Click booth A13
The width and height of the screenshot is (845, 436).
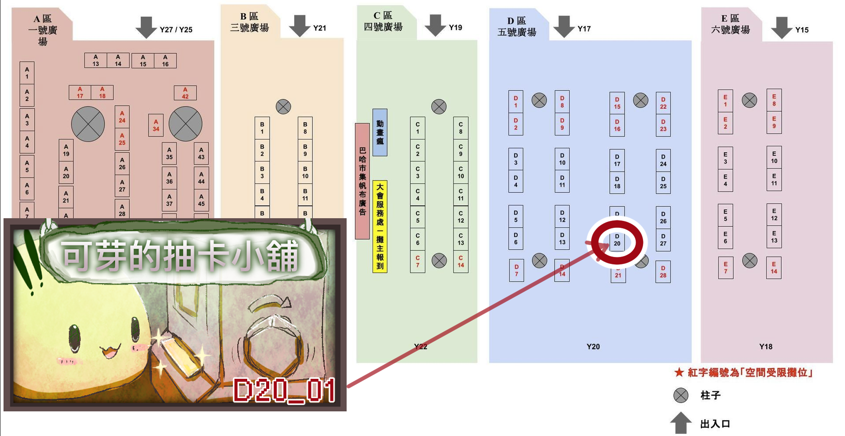[x=95, y=60]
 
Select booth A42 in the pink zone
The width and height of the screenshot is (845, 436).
[x=185, y=93]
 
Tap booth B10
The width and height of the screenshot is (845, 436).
[x=305, y=172]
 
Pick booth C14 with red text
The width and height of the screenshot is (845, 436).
[x=461, y=261]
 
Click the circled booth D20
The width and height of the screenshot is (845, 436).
[x=617, y=240]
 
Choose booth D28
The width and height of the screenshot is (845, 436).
[x=663, y=272]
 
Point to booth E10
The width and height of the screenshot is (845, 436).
[x=774, y=157]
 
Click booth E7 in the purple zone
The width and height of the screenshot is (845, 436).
[x=725, y=267]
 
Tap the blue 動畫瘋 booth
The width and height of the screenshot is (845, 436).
[x=380, y=132]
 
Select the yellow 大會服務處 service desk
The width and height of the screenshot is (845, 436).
[x=380, y=227]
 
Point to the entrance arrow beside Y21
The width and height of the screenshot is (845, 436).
[x=300, y=26]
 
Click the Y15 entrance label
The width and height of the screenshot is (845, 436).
[x=802, y=30]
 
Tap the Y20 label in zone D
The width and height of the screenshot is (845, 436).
[x=593, y=347]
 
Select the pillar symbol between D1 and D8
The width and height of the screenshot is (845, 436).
[x=539, y=100]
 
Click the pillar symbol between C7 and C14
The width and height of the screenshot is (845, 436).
[x=439, y=260]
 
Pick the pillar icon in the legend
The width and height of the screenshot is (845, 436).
[x=680, y=395]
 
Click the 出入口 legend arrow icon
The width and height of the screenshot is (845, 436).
[x=680, y=423]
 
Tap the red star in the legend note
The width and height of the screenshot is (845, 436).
[x=679, y=373]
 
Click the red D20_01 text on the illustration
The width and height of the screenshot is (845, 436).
[x=284, y=390]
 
